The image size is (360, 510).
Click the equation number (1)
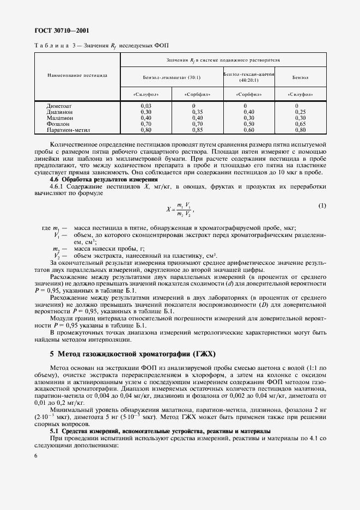(x=322, y=205)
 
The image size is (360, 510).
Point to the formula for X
(x=181, y=210)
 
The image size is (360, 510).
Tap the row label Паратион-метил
(x=68, y=130)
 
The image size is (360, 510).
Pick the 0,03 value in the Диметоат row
(x=145, y=106)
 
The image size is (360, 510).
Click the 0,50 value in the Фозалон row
(x=248, y=124)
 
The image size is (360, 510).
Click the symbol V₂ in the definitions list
(x=57, y=256)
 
